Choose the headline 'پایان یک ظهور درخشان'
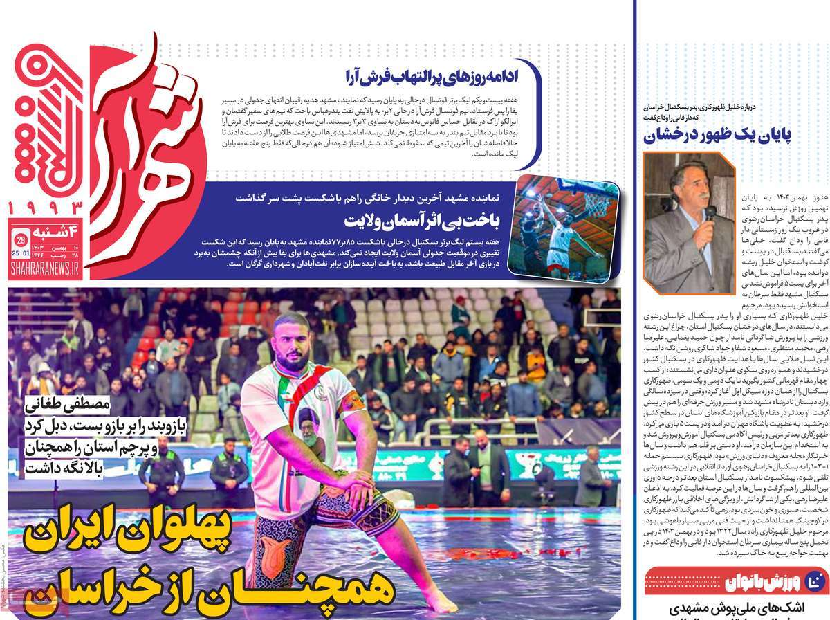[723, 136]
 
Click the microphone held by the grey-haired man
[710, 212]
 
